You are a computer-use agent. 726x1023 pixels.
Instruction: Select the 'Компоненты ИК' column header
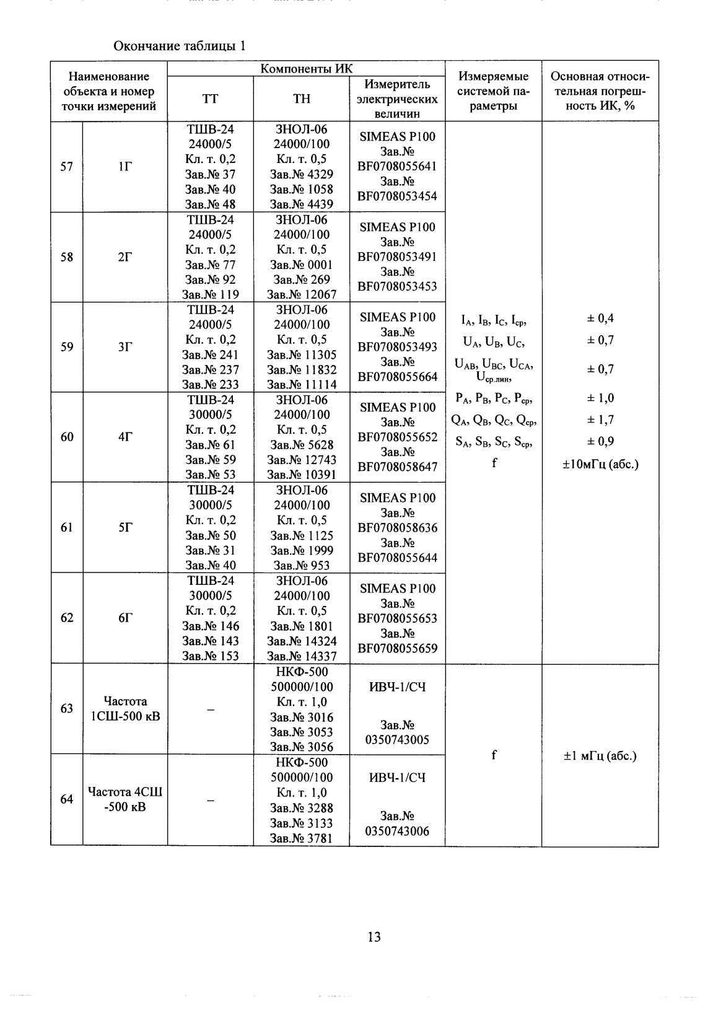306,69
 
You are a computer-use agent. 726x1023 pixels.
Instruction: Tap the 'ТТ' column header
211,99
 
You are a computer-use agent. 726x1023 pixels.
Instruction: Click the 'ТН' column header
302,99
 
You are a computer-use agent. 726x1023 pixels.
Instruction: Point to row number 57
66,167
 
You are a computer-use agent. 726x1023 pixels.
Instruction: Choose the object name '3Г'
125,347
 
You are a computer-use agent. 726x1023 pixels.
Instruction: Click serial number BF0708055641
397,167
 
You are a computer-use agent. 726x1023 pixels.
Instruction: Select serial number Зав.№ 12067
302,295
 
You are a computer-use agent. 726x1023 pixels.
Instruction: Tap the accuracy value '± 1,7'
600,420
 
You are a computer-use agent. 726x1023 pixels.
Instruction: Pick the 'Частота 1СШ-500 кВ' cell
125,709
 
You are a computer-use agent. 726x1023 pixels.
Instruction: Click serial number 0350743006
397,831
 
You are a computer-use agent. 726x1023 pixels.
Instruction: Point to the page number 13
374,937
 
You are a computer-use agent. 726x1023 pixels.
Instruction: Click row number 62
66,618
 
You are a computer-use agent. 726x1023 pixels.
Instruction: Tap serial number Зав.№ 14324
302,641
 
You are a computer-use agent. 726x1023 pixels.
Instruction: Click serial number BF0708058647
397,467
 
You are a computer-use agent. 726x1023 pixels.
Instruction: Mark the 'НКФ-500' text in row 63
302,672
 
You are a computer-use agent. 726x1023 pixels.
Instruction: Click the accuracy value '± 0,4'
600,318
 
